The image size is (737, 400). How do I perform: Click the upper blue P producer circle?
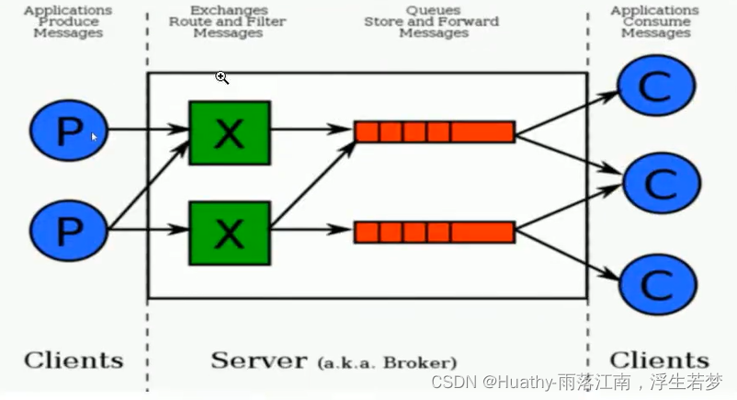(x=68, y=132)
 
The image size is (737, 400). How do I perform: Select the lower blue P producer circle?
(x=68, y=230)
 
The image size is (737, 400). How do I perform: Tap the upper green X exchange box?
(x=229, y=132)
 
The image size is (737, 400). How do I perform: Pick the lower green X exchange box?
(x=229, y=234)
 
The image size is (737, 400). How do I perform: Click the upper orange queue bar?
(x=434, y=131)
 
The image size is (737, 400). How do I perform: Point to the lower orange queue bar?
(x=434, y=232)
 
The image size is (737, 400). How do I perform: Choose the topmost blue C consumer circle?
(x=655, y=86)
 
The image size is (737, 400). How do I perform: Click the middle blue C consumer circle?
(x=661, y=184)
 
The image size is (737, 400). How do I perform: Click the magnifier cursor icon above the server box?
(x=221, y=78)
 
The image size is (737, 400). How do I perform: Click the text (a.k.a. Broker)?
(x=387, y=362)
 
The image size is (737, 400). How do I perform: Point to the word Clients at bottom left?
(x=74, y=360)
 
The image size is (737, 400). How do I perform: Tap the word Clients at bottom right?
(x=659, y=360)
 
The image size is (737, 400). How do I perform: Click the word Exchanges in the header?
(x=229, y=10)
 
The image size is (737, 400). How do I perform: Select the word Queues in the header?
(x=433, y=10)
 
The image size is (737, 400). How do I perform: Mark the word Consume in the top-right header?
(x=655, y=21)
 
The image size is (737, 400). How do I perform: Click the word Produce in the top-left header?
(x=68, y=21)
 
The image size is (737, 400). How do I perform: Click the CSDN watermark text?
(x=576, y=382)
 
